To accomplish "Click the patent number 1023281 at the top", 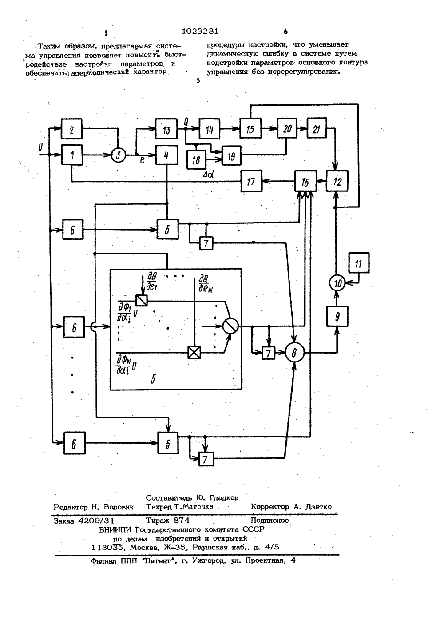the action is tap(200, 31).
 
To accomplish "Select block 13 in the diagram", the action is tap(166, 129).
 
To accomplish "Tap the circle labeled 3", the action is tap(118, 155).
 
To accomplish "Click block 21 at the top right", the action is tap(317, 128).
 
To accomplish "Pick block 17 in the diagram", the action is tap(251, 181).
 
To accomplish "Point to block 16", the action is tap(305, 181).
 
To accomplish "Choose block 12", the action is tap(337, 181).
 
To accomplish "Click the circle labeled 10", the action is tap(337, 283).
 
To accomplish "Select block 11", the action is tap(359, 262).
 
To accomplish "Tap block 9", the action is tap(337, 316).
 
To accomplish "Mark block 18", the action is tap(196, 160).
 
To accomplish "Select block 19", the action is tap(231, 155).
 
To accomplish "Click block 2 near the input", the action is tap(72, 129).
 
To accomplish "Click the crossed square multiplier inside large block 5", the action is tap(194, 352).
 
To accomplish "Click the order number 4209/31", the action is tap(96, 521).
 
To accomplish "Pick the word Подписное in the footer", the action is tap(270, 520).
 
